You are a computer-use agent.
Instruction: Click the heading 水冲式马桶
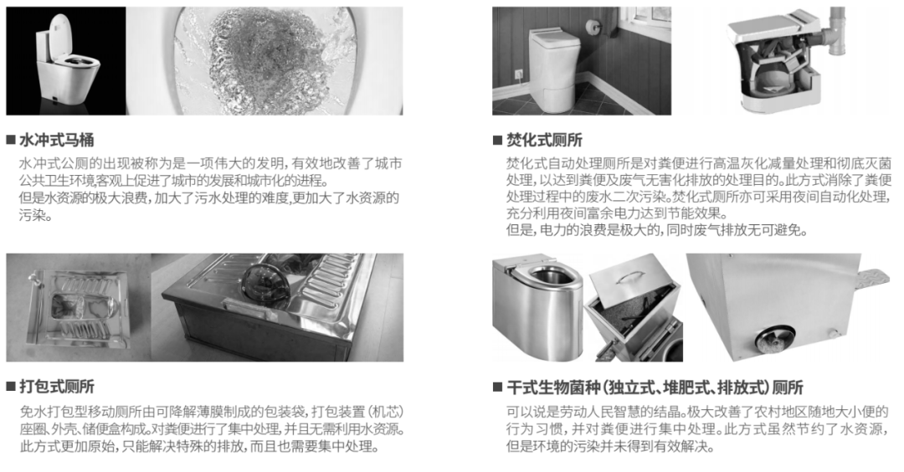pos(57,140)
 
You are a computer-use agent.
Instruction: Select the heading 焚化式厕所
pos(544,140)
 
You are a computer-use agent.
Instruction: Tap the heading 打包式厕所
pos(57,386)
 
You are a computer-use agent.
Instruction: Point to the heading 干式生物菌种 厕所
pos(655,387)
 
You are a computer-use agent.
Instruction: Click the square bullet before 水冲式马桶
pos(11,140)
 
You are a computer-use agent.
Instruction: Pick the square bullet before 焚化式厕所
pos(497,140)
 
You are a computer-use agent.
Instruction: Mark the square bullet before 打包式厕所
pos(11,386)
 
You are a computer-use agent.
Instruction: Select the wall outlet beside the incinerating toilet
pos(518,74)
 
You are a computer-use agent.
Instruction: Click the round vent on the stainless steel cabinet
pos(775,339)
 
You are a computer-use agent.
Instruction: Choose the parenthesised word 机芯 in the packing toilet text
pos(385,412)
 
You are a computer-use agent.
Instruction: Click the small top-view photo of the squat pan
pos(77,307)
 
